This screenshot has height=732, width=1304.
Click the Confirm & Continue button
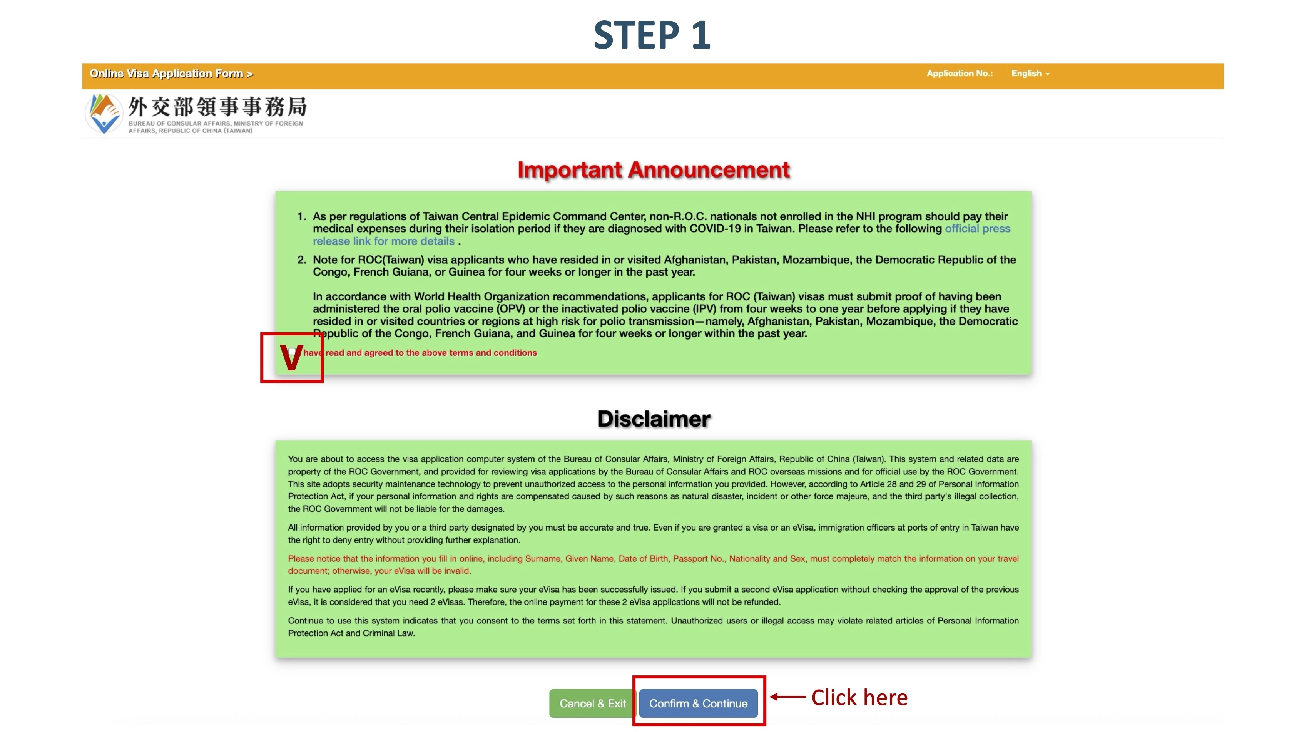point(698,703)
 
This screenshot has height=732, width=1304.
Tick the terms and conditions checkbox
point(292,351)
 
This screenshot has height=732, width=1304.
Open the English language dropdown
point(1030,74)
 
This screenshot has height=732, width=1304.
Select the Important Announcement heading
point(653,170)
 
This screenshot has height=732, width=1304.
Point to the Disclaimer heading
point(654,419)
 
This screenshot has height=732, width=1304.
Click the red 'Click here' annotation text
point(859,698)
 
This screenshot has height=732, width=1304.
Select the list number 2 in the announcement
point(302,260)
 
